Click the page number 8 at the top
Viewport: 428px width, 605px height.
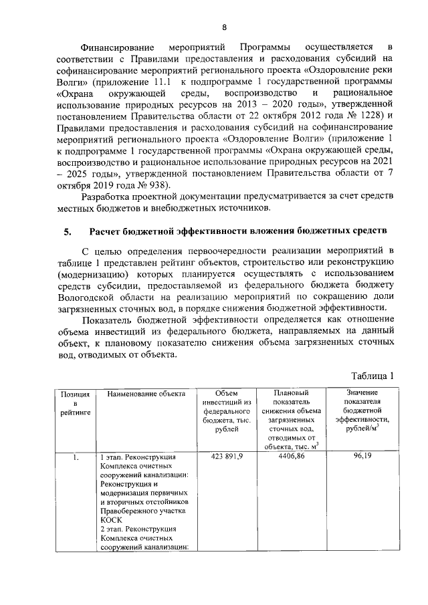tap(224, 27)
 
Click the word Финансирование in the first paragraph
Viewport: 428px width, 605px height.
tap(118, 47)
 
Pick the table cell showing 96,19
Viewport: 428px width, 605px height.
tap(362, 456)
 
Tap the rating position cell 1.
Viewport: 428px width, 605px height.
tap(76, 457)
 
